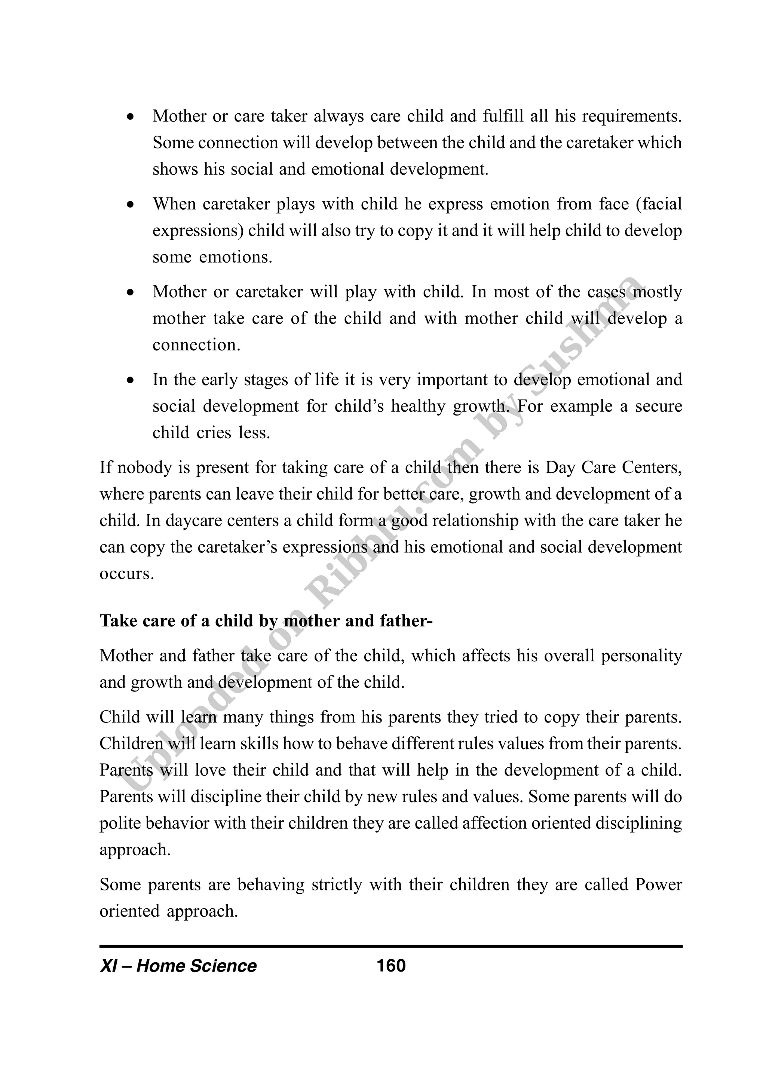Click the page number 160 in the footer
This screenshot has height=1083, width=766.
[x=391, y=966]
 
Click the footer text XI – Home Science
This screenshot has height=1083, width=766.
[x=178, y=966]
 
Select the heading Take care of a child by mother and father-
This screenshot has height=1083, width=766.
[x=266, y=621]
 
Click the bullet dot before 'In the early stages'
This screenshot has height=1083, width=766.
[x=131, y=380]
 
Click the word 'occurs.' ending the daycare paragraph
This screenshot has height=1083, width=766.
[x=127, y=574]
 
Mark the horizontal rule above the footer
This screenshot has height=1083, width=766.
[x=391, y=946]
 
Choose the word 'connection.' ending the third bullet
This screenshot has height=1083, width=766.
[x=196, y=345]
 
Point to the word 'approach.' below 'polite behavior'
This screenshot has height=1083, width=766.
[x=135, y=850]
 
